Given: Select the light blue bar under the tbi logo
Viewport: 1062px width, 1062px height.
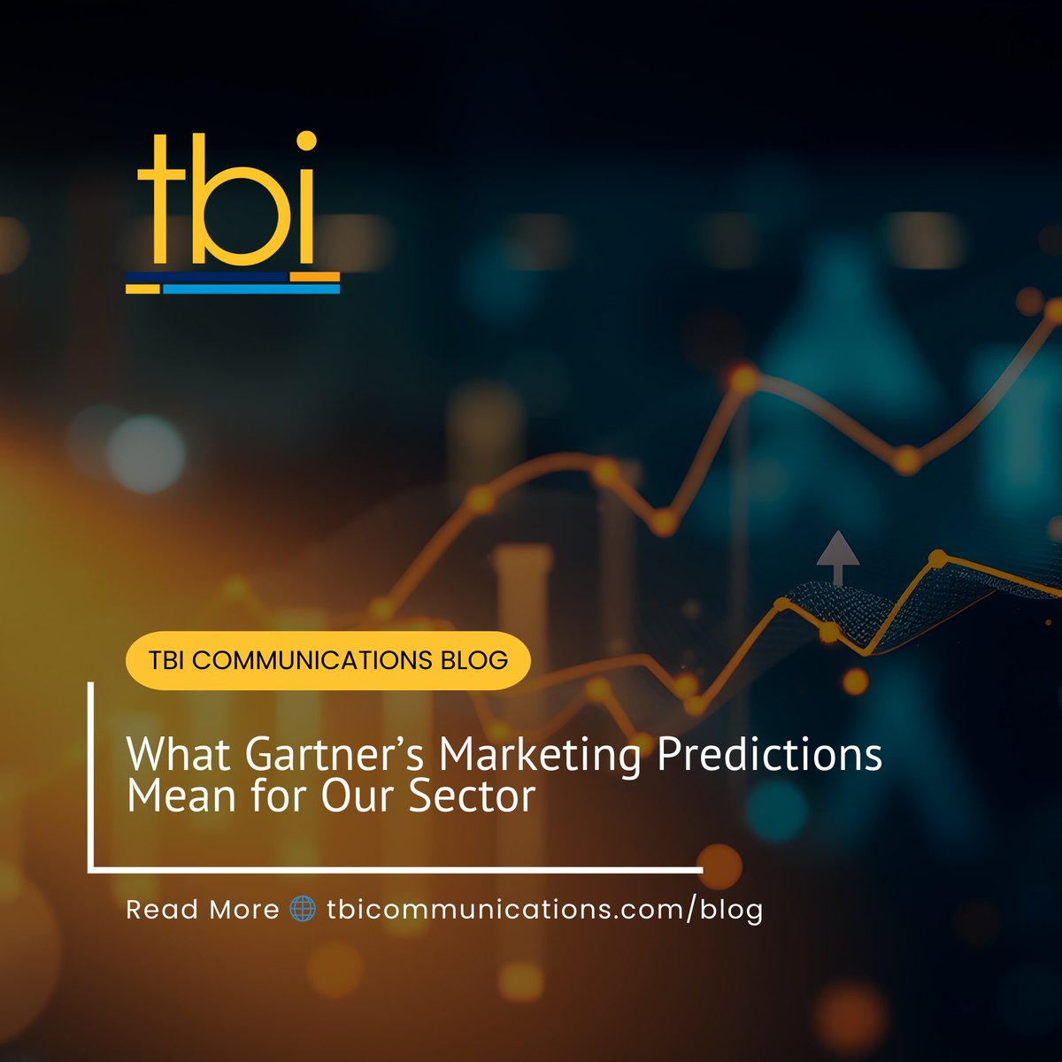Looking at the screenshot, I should coord(251,289).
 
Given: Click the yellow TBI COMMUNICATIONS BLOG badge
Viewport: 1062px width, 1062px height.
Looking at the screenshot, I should coord(327,660).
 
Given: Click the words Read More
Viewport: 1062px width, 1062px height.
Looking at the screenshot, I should coord(203,910).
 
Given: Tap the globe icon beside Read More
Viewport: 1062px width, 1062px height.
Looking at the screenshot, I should coord(303,910).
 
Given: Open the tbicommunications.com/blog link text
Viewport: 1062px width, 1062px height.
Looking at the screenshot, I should coord(544,910).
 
